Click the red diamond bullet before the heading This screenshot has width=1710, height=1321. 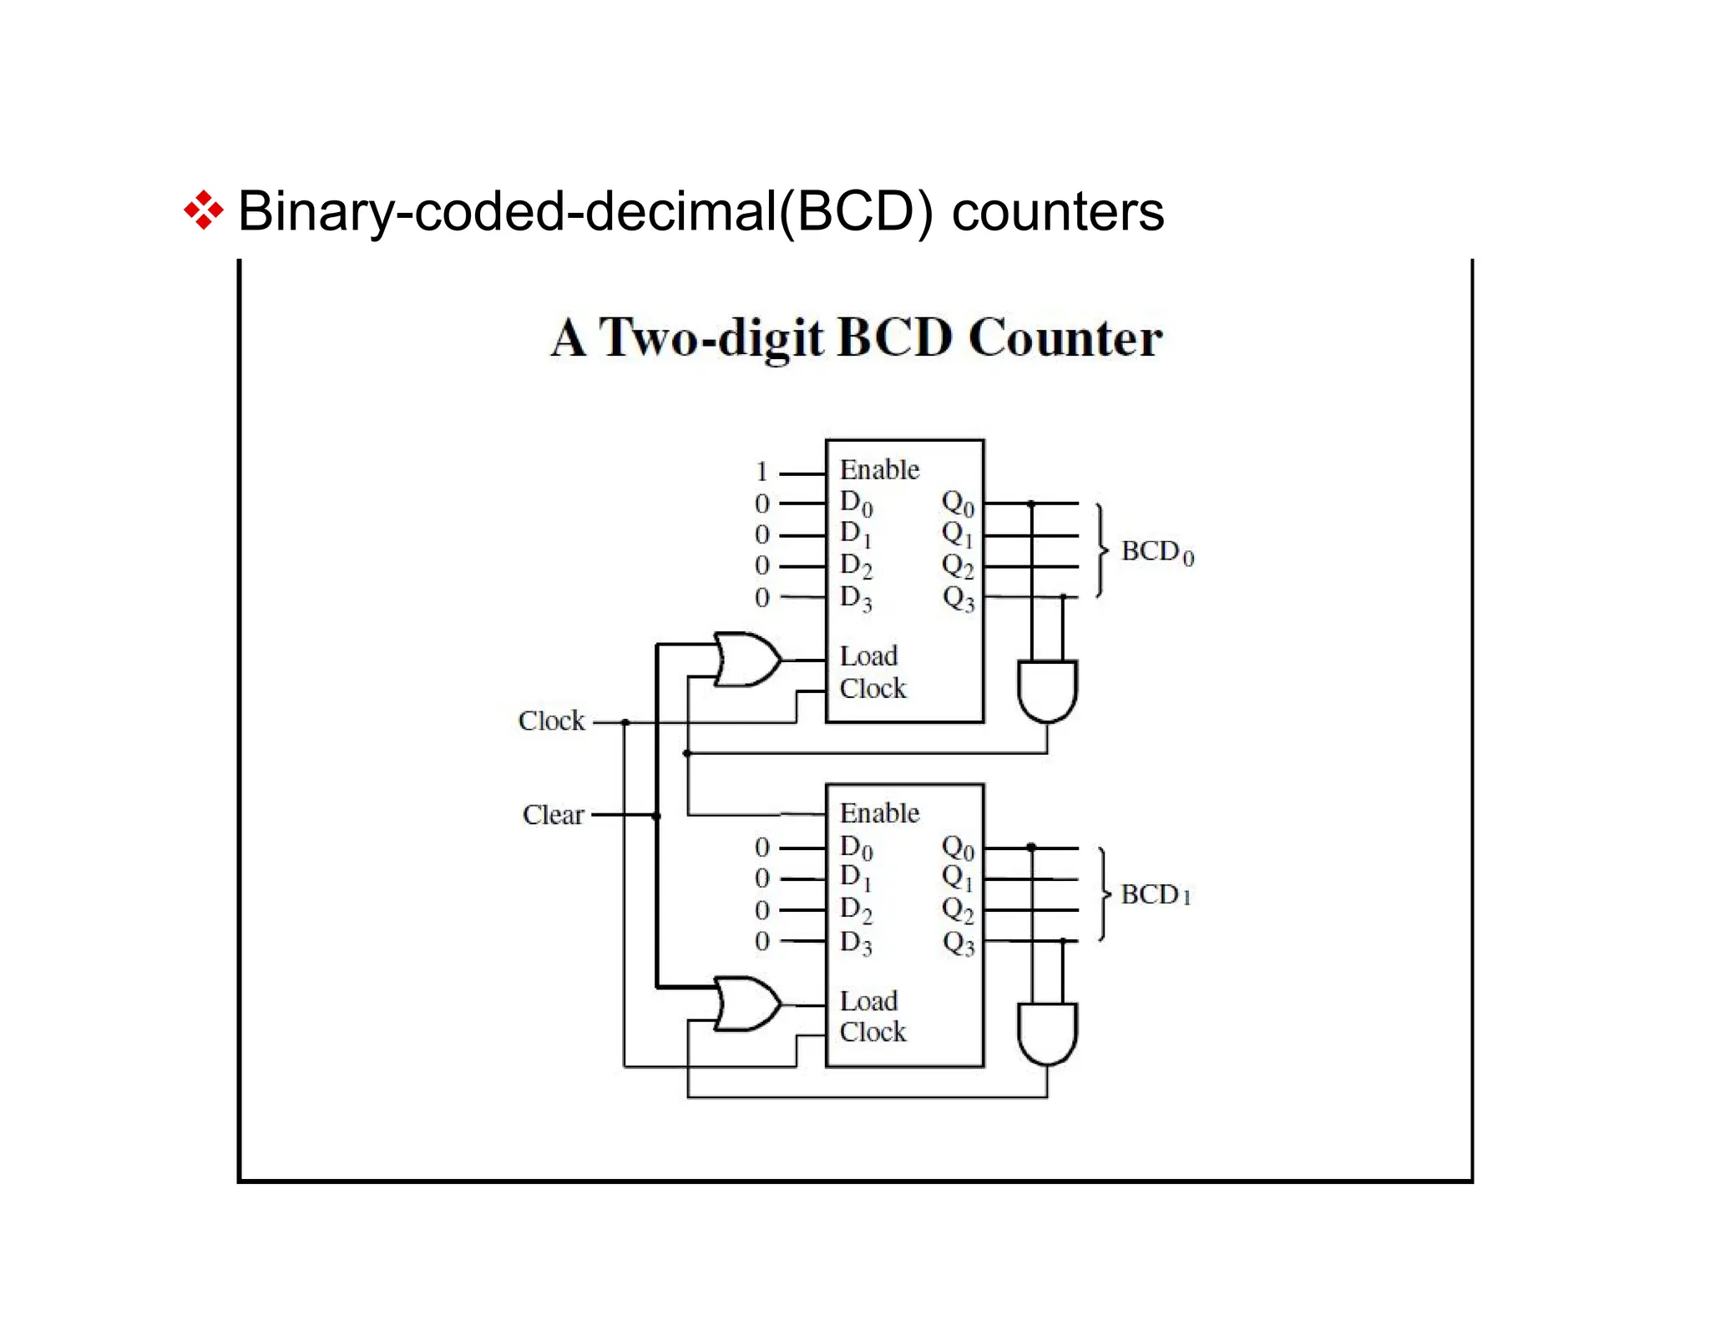point(203,211)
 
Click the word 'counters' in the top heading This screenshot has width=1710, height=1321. point(1057,211)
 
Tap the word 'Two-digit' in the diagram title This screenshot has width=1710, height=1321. point(711,338)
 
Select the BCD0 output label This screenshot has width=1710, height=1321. point(1156,552)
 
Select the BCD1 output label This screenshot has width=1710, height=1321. point(1155,895)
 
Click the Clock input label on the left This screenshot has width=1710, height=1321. point(551,721)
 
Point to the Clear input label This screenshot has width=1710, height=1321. point(553,815)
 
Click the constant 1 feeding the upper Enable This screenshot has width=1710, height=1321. point(761,473)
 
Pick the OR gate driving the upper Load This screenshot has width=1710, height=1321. point(746,660)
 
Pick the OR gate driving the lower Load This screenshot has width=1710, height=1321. point(746,1003)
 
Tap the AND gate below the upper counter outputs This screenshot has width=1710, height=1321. point(1047,690)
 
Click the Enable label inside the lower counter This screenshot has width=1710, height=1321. point(878,813)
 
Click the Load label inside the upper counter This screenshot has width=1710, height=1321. point(868,656)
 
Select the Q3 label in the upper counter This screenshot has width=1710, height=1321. point(958,598)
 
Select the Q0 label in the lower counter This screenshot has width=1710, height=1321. point(958,848)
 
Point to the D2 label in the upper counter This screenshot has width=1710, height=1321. point(856,566)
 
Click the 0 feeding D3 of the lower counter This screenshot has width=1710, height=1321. point(761,942)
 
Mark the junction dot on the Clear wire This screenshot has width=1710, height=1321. point(656,816)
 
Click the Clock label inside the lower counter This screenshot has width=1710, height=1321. point(873,1032)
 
